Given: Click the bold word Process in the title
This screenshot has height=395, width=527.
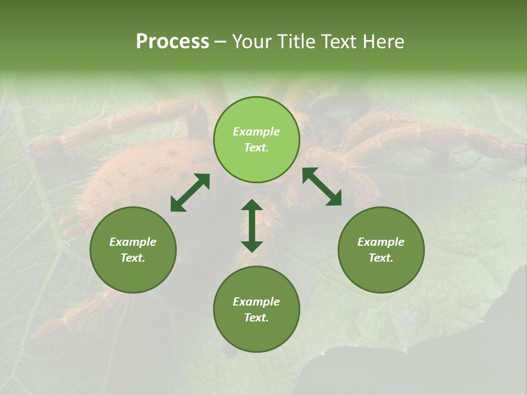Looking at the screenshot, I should pyautogui.click(x=172, y=42).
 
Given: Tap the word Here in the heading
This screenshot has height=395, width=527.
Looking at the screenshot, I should pyautogui.click(x=382, y=42).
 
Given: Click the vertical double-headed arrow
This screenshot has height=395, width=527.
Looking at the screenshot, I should pyautogui.click(x=252, y=225).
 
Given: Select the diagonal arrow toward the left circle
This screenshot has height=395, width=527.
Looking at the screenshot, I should pyautogui.click(x=190, y=193).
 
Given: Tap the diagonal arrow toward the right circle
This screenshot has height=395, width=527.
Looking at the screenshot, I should pyautogui.click(x=322, y=187).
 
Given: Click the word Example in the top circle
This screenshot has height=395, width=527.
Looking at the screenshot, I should pyautogui.click(x=256, y=132).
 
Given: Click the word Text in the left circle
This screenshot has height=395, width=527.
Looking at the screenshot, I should pyautogui.click(x=133, y=258).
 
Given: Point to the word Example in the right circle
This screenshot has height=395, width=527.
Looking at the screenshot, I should pyautogui.click(x=381, y=242).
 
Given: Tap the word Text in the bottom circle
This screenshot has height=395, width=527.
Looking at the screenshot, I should pyautogui.click(x=256, y=318).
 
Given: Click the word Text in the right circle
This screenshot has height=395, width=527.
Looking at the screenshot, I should pyautogui.click(x=381, y=258).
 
